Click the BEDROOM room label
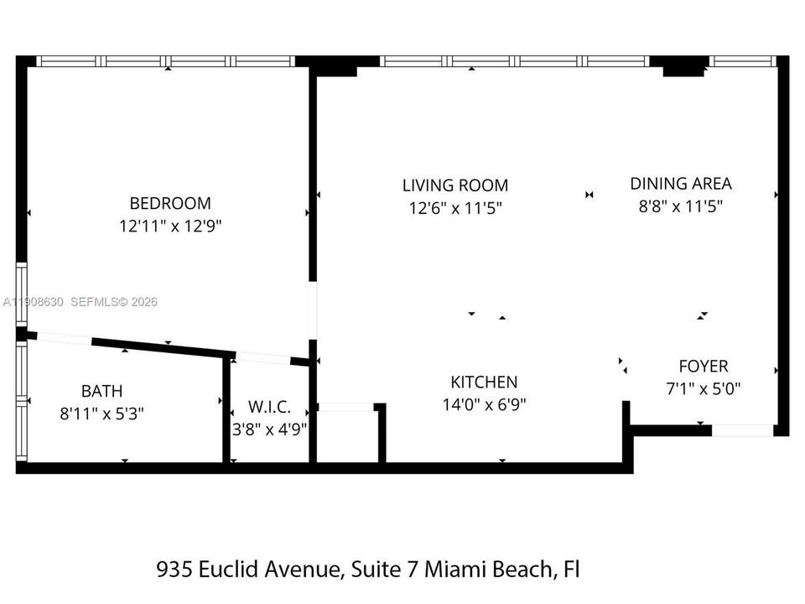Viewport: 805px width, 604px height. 170,203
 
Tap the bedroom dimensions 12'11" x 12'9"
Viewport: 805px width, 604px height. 170,226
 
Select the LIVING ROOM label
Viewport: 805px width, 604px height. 454,185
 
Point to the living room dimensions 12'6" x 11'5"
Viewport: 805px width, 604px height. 454,208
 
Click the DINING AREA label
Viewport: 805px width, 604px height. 681,183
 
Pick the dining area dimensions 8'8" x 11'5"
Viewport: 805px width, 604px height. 681,206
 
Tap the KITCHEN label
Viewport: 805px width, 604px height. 484,382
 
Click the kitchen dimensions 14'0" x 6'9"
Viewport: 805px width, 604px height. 484,404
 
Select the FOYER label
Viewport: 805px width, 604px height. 703,366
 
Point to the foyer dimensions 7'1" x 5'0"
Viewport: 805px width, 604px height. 703,388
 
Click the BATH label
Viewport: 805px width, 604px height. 101,391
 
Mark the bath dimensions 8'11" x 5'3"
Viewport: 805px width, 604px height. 101,414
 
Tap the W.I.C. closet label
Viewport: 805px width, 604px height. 269,408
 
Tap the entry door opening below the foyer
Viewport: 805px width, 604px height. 742,430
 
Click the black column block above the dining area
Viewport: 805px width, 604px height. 683,66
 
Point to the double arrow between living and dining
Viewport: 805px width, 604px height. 589,195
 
